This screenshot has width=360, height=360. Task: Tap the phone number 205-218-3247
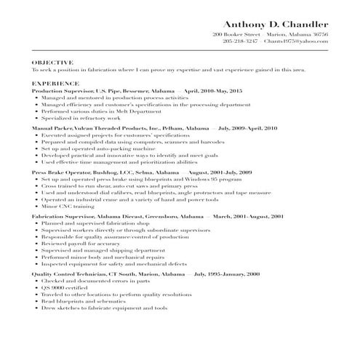pyautogui.click(x=239, y=41)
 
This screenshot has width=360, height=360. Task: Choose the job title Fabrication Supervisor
pyautogui.click(x=65, y=217)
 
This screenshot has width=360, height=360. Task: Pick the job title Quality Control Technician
pyautogui.click(x=71, y=273)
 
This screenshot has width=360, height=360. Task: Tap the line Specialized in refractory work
pyautogui.click(x=79, y=116)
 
